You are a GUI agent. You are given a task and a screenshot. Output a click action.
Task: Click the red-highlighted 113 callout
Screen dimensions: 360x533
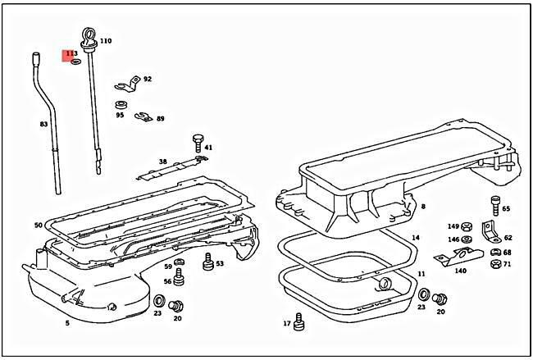coord(71,53)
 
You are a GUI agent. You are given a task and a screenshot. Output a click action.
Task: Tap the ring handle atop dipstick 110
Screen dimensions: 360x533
coord(88,37)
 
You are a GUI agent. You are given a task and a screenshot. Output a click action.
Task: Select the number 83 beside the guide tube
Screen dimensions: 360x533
coord(43,125)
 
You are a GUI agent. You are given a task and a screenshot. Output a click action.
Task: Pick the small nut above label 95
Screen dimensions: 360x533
coord(121,104)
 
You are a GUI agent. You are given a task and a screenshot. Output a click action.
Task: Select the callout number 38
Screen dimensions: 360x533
coord(162,162)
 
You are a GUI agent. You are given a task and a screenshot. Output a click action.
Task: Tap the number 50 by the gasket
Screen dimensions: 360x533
coord(38,225)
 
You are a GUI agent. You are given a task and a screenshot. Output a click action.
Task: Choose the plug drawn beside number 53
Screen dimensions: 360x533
coord(207,263)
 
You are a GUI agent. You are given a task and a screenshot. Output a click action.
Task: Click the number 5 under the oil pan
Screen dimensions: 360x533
coord(67,323)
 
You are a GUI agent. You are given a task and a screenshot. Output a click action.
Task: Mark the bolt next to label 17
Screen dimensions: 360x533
coord(298,323)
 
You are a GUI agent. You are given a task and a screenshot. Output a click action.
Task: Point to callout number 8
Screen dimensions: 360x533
coord(423,207)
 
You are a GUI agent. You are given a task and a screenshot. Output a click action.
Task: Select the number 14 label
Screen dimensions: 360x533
coord(416,237)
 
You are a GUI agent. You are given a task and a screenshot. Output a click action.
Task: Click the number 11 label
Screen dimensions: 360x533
coord(421,274)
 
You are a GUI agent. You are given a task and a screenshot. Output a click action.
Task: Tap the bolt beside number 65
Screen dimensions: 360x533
coord(494,206)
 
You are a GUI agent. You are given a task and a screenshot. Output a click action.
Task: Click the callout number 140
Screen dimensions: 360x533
coord(460,271)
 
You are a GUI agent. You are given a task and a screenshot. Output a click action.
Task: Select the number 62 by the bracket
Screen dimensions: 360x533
coord(508,237)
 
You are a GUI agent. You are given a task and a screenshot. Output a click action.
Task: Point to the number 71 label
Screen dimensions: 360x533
coord(508,264)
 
